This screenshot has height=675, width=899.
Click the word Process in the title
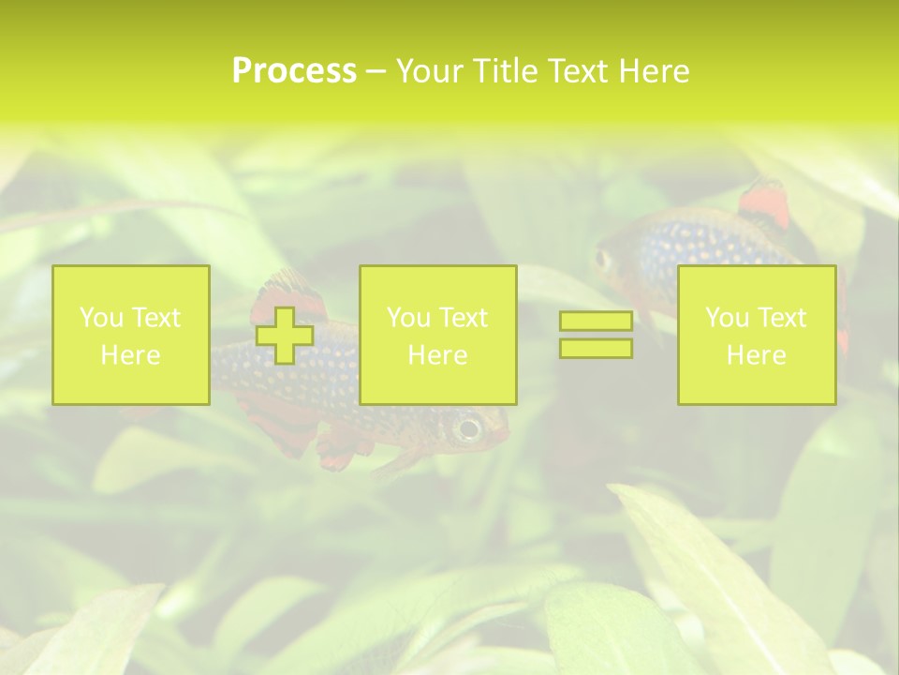(294, 71)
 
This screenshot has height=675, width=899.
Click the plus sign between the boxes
(285, 335)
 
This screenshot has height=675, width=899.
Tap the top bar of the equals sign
(596, 322)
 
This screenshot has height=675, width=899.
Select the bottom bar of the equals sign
(596, 349)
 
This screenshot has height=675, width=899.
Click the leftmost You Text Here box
(131, 335)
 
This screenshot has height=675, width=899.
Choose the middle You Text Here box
(437, 335)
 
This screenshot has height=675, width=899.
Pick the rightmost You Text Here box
(756, 335)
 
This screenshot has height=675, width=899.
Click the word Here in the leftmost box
(131, 355)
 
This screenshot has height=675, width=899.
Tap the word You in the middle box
(407, 318)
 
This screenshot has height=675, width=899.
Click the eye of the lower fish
(467, 429)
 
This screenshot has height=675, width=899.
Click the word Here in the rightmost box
(756, 355)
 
